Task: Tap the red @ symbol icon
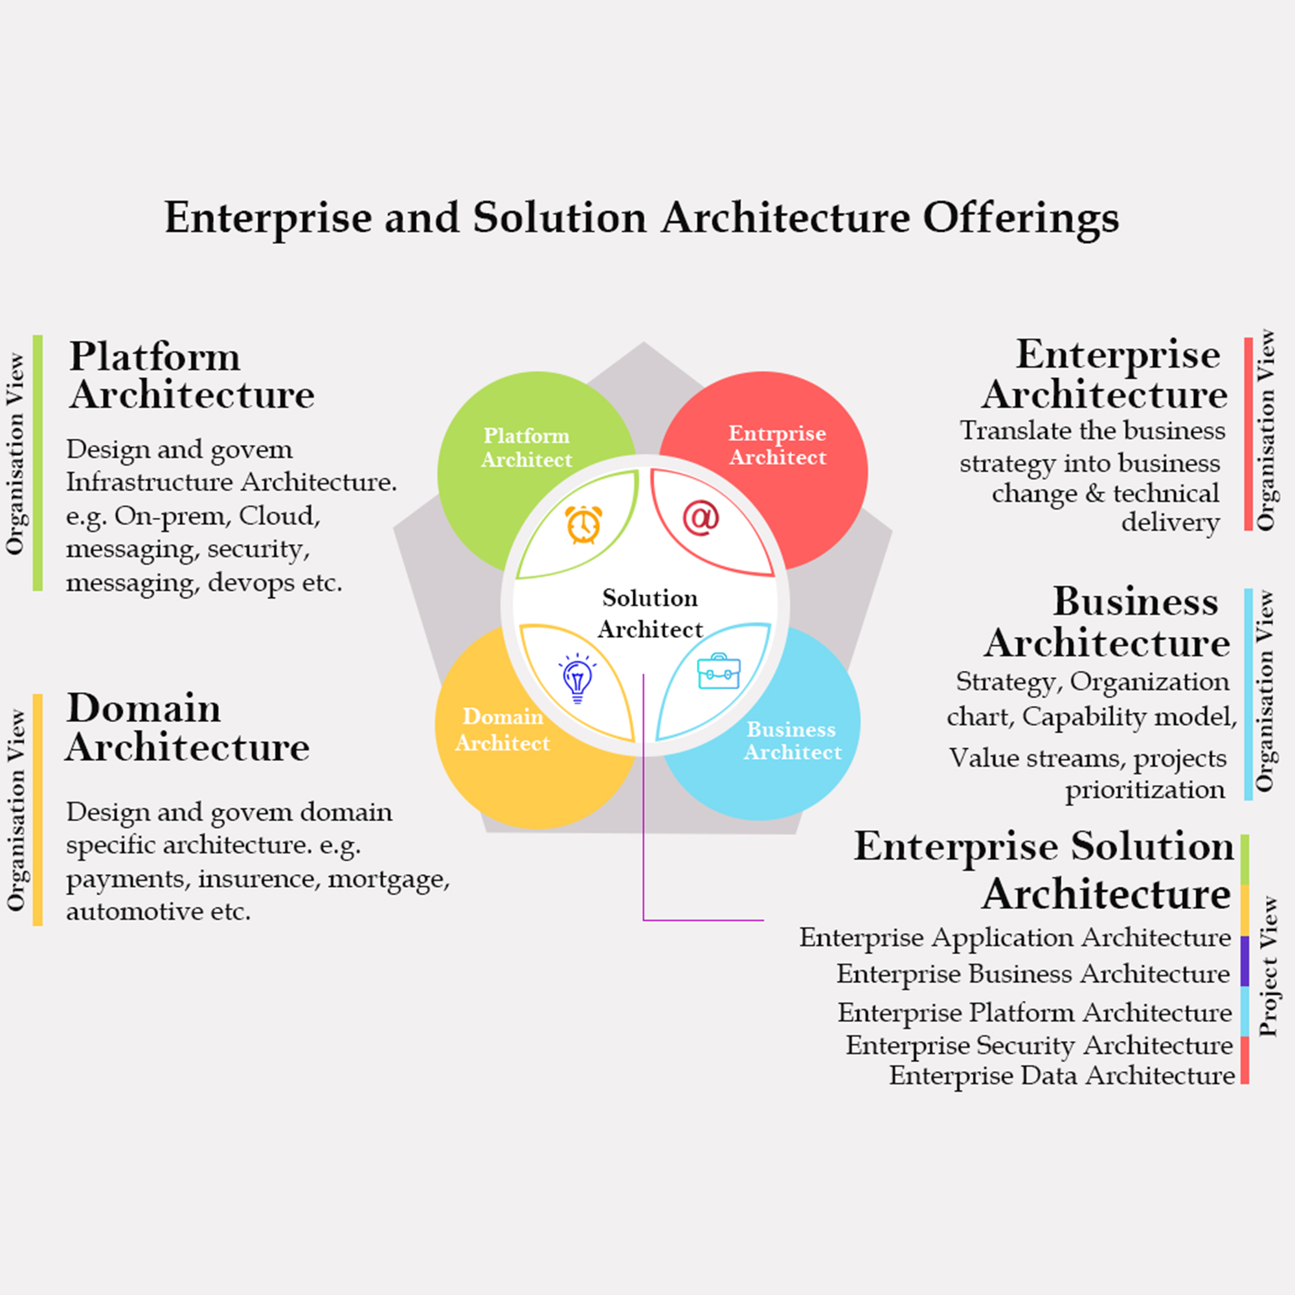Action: coord(701,518)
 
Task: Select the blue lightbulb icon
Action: coord(577,678)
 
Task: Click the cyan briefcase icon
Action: coord(719,671)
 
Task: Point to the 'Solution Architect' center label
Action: coord(649,613)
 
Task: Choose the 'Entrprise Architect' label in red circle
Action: coord(778,445)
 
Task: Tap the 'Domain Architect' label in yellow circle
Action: coord(502,729)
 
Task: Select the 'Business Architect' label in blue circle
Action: coord(792,741)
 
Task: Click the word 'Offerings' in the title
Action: coord(1020,218)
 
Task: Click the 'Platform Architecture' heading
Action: coord(191,376)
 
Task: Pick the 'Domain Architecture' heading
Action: coord(187,727)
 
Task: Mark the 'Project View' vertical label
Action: coord(1268,967)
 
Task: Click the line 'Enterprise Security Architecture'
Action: coord(1039,1045)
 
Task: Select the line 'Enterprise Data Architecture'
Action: coord(1061,1075)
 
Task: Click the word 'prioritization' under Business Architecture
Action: coord(1145,789)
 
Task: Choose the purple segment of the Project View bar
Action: coord(1244,960)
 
